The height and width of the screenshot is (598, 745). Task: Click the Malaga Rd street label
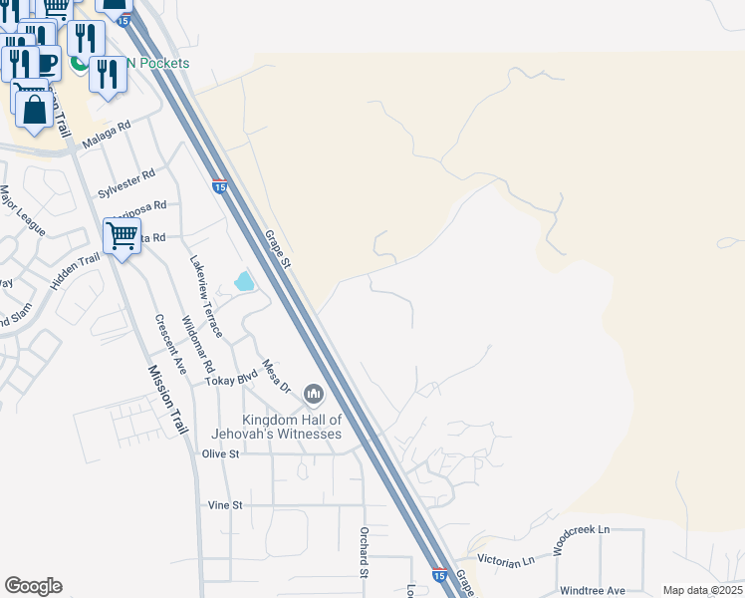(x=107, y=135)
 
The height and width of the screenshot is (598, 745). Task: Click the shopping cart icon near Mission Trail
(x=122, y=237)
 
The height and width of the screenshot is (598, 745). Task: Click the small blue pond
(x=244, y=282)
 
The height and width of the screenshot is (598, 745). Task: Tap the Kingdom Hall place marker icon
(x=314, y=396)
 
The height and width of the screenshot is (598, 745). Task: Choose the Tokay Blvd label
(x=231, y=378)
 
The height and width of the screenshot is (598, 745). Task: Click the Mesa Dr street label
(x=275, y=376)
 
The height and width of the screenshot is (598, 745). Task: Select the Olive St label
(x=221, y=453)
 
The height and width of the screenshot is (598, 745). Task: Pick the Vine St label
(x=224, y=505)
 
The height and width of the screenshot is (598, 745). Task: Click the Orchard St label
(x=365, y=550)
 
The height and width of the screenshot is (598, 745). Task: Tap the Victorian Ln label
(x=506, y=562)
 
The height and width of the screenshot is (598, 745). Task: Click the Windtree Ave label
(x=592, y=590)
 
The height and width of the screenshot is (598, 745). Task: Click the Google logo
(x=33, y=586)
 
